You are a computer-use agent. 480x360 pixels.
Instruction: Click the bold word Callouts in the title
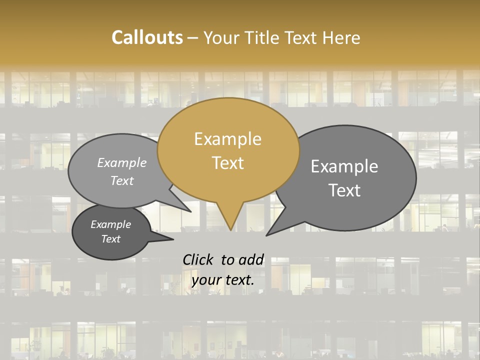147,37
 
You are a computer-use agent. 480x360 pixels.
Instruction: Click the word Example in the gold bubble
227,139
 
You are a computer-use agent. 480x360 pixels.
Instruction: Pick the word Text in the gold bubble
227,163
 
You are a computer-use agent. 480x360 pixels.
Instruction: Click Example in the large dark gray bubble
344,166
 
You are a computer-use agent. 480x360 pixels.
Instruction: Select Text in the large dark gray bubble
344,190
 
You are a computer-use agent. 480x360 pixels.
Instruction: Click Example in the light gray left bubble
122,163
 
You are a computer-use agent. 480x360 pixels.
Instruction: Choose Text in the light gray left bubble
122,180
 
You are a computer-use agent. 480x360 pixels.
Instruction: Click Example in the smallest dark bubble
110,224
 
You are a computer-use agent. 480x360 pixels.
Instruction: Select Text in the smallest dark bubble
110,239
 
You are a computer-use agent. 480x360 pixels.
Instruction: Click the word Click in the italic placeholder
199,259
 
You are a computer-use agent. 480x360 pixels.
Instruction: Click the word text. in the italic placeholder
238,280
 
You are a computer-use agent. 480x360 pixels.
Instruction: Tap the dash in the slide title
193,38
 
